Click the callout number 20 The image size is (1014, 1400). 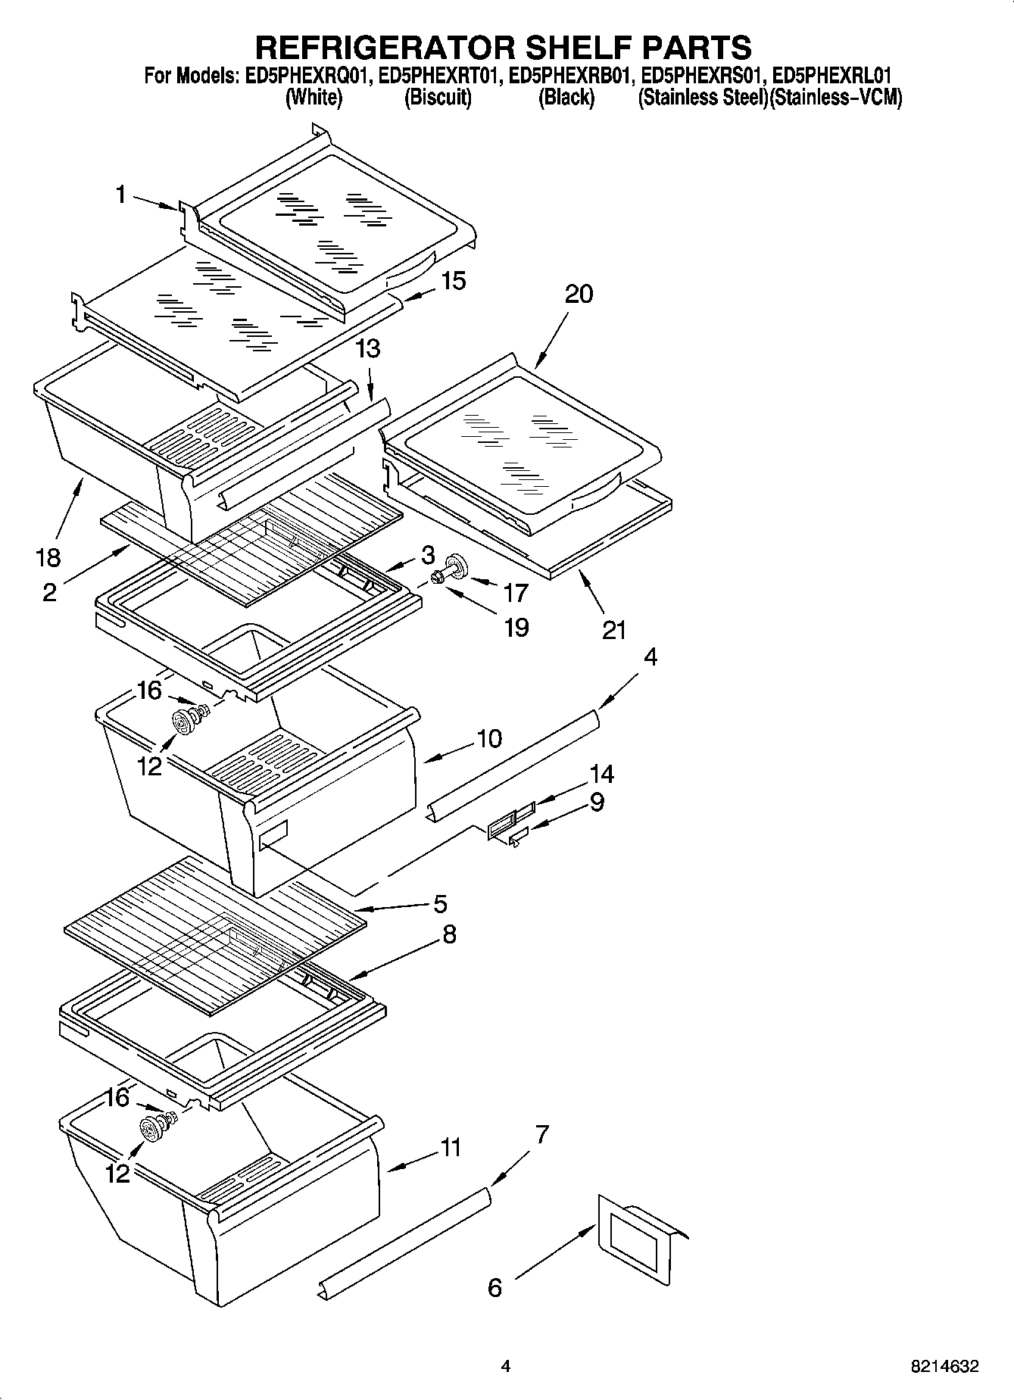pyautogui.click(x=579, y=294)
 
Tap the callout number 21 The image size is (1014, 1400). pyautogui.click(x=614, y=630)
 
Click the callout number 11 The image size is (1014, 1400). pyautogui.click(x=451, y=1148)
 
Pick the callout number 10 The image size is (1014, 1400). pyautogui.click(x=489, y=738)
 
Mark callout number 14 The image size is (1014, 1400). pyautogui.click(x=602, y=773)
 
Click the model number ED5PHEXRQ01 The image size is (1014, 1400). pyautogui.click(x=307, y=76)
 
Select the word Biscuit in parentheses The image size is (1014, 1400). pyautogui.click(x=438, y=98)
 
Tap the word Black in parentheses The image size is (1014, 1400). pyautogui.click(x=566, y=98)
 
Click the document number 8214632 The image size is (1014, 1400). pyautogui.click(x=944, y=1367)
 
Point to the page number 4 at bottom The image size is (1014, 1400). pyautogui.click(x=505, y=1367)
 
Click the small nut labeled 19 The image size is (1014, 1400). pyautogui.click(x=438, y=579)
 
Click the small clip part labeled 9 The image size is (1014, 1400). pyautogui.click(x=518, y=836)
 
